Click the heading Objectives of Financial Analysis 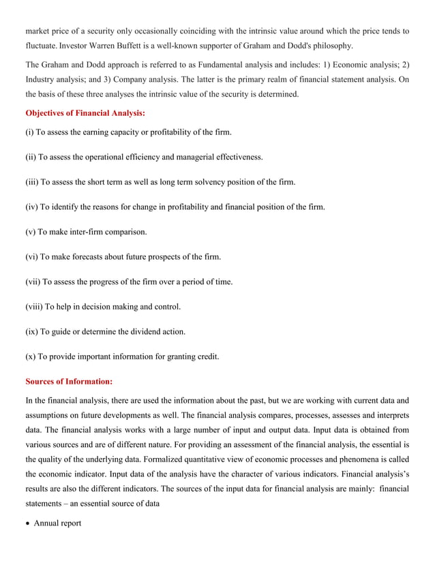click(85, 112)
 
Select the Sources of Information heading click(69, 381)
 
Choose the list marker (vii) click(33, 281)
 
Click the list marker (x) click(31, 356)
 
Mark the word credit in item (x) click(208, 356)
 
